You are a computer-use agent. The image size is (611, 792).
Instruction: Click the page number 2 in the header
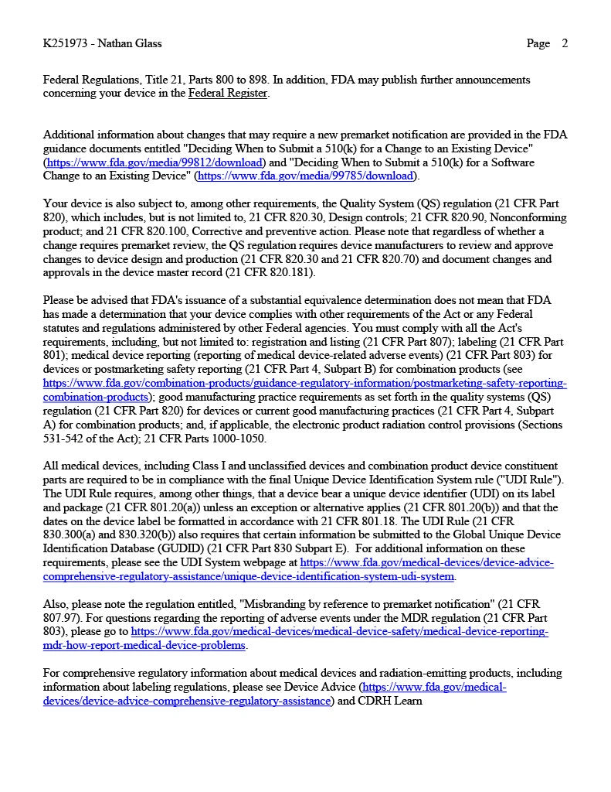point(565,43)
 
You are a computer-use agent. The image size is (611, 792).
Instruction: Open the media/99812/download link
point(154,162)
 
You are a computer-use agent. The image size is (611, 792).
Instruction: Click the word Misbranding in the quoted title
point(279,603)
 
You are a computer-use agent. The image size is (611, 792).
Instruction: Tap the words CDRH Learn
point(390,701)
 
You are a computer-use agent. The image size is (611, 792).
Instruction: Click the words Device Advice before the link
point(319,687)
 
